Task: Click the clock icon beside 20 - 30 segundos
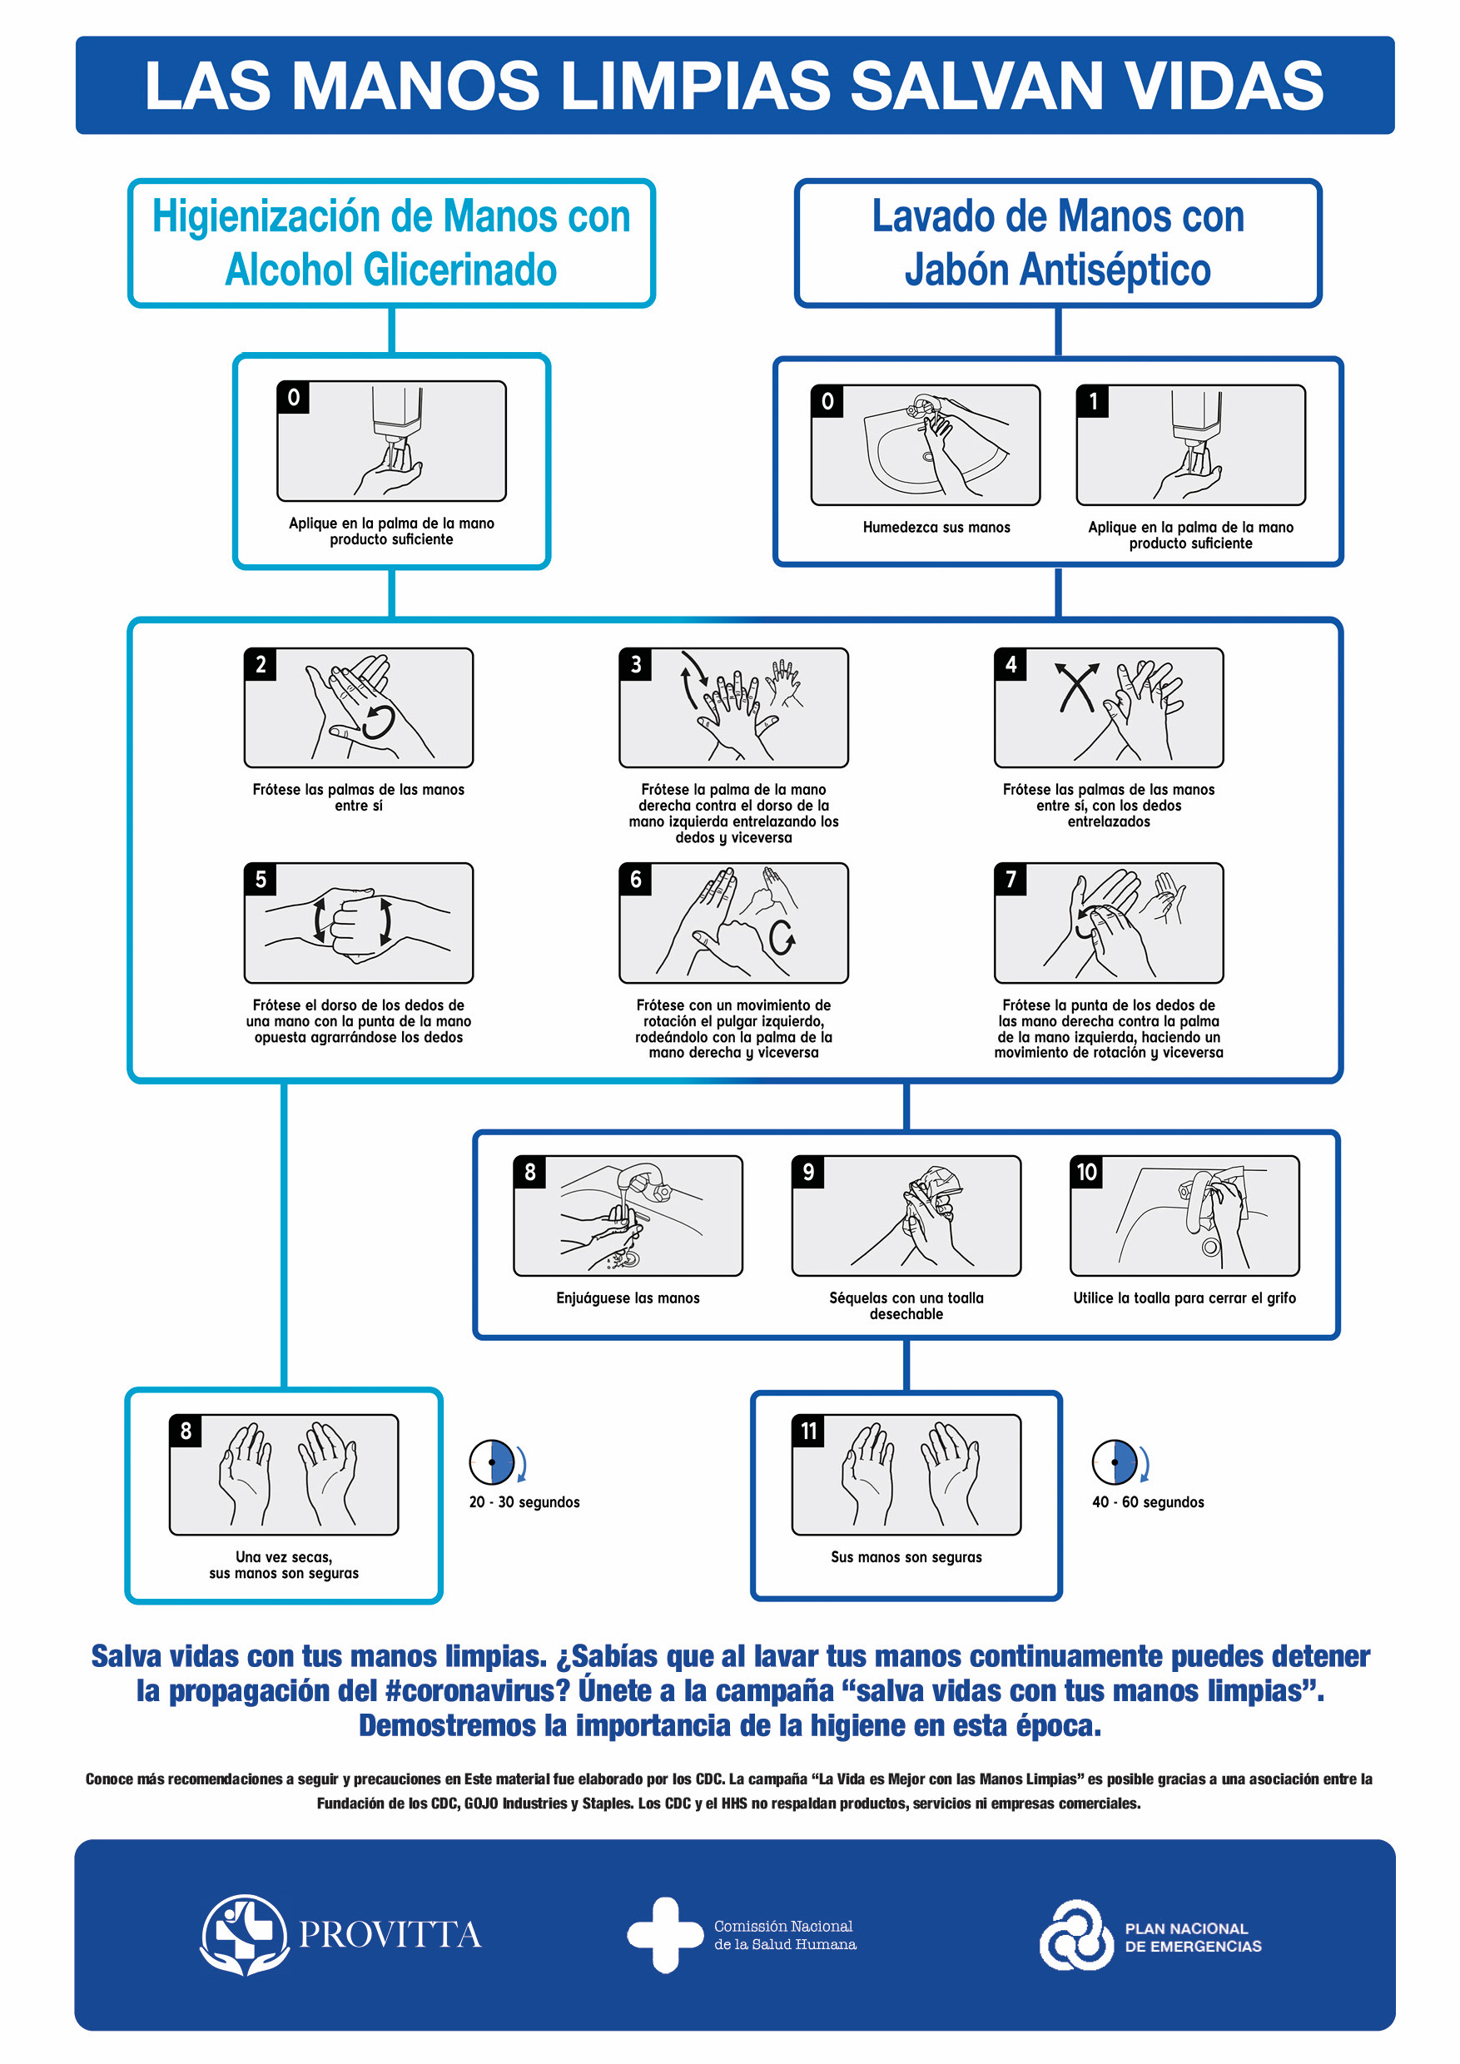[x=492, y=1462]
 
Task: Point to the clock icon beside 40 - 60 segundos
[x=1115, y=1462]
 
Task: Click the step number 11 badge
[x=808, y=1431]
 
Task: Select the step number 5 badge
[x=261, y=879]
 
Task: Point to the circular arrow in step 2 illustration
[x=379, y=722]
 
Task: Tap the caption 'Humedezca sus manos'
[x=936, y=528]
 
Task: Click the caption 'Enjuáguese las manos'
[x=628, y=1298]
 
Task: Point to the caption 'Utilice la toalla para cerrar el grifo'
[x=1184, y=1298]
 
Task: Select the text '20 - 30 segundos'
[x=524, y=1502]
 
